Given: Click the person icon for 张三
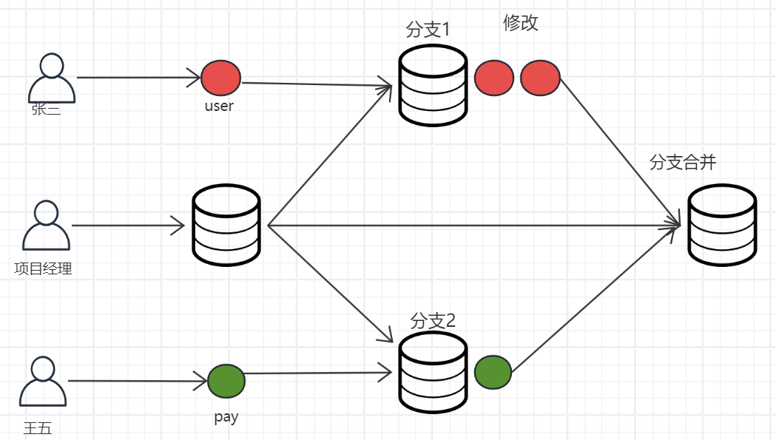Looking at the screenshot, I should coord(51,78).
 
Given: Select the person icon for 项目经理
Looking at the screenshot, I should coord(46,227).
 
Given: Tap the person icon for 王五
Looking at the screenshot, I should coord(42,382).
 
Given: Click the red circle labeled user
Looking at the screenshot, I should coord(221,78).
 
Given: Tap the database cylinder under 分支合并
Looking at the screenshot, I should coord(722,225).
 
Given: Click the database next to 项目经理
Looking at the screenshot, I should coord(226,225).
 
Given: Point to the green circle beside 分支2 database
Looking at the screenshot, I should coord(493,373).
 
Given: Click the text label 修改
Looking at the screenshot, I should coord(521,23).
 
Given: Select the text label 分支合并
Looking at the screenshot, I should coord(682,163).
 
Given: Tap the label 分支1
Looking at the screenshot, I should coord(428,30).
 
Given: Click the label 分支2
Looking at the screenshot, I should coord(433,321).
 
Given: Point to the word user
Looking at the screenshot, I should coord(219,106).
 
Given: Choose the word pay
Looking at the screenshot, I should coord(226,417).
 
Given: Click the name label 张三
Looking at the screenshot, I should coord(46,110).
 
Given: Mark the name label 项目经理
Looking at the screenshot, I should coord(43,268).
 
